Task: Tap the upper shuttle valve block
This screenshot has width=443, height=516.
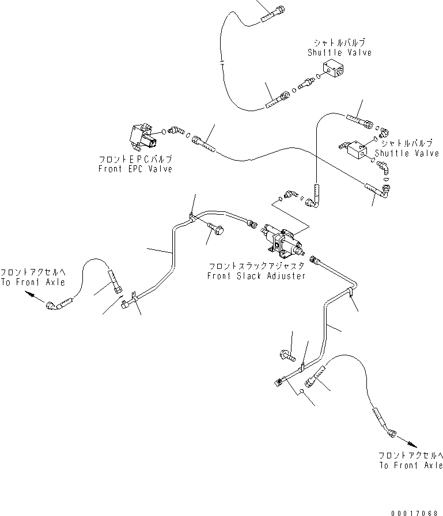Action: (x=333, y=69)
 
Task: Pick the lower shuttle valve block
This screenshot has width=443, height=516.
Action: (x=357, y=149)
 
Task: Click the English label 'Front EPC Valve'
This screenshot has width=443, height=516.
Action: (x=135, y=169)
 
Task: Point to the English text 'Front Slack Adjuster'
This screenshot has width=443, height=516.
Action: (x=256, y=276)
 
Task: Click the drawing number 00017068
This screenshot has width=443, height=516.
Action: (x=414, y=513)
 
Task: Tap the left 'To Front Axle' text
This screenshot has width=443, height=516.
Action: (x=33, y=282)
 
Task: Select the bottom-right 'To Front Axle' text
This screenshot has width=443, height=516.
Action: (x=411, y=465)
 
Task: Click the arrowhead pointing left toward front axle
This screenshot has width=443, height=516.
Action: (x=29, y=294)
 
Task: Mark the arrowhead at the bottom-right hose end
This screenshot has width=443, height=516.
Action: (x=412, y=445)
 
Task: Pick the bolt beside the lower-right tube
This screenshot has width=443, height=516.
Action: (x=287, y=355)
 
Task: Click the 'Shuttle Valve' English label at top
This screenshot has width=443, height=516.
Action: (x=340, y=52)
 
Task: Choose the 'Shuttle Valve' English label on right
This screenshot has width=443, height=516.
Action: (x=407, y=153)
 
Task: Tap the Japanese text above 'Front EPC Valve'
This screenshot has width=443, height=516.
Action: (x=135, y=160)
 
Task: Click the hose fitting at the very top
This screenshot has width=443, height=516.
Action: (x=273, y=15)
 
